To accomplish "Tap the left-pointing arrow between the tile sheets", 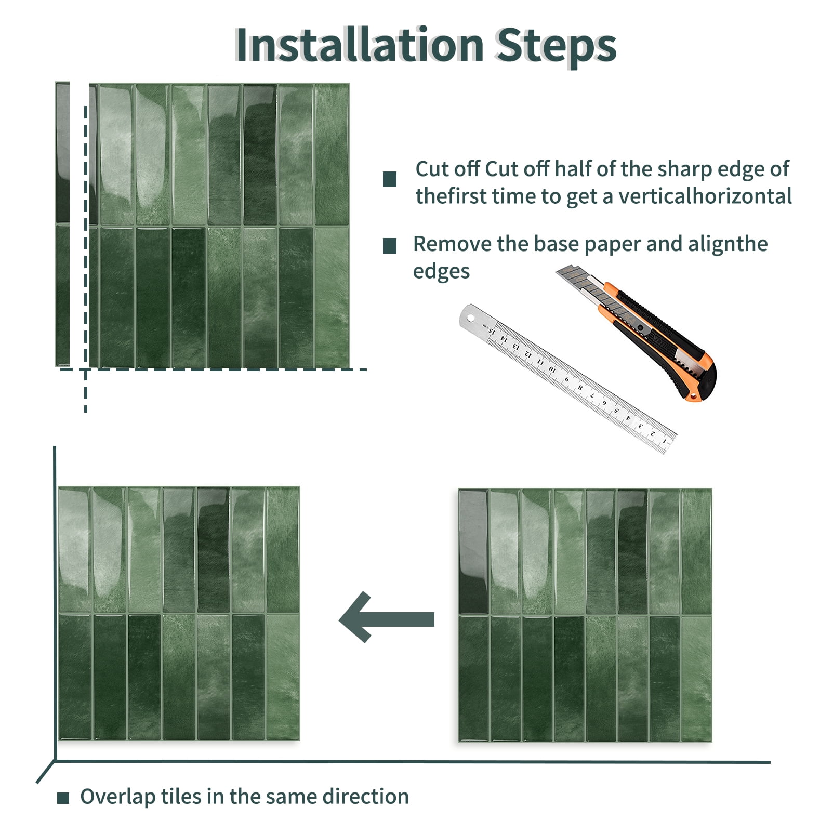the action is [x=387, y=617].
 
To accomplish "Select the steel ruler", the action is [x=567, y=378].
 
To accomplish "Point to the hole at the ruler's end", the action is [x=471, y=318].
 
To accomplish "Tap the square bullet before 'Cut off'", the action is [x=390, y=179].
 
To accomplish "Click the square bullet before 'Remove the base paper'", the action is [x=390, y=246].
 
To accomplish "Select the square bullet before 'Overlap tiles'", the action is [x=63, y=798].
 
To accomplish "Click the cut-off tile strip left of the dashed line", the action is [x=62, y=224].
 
